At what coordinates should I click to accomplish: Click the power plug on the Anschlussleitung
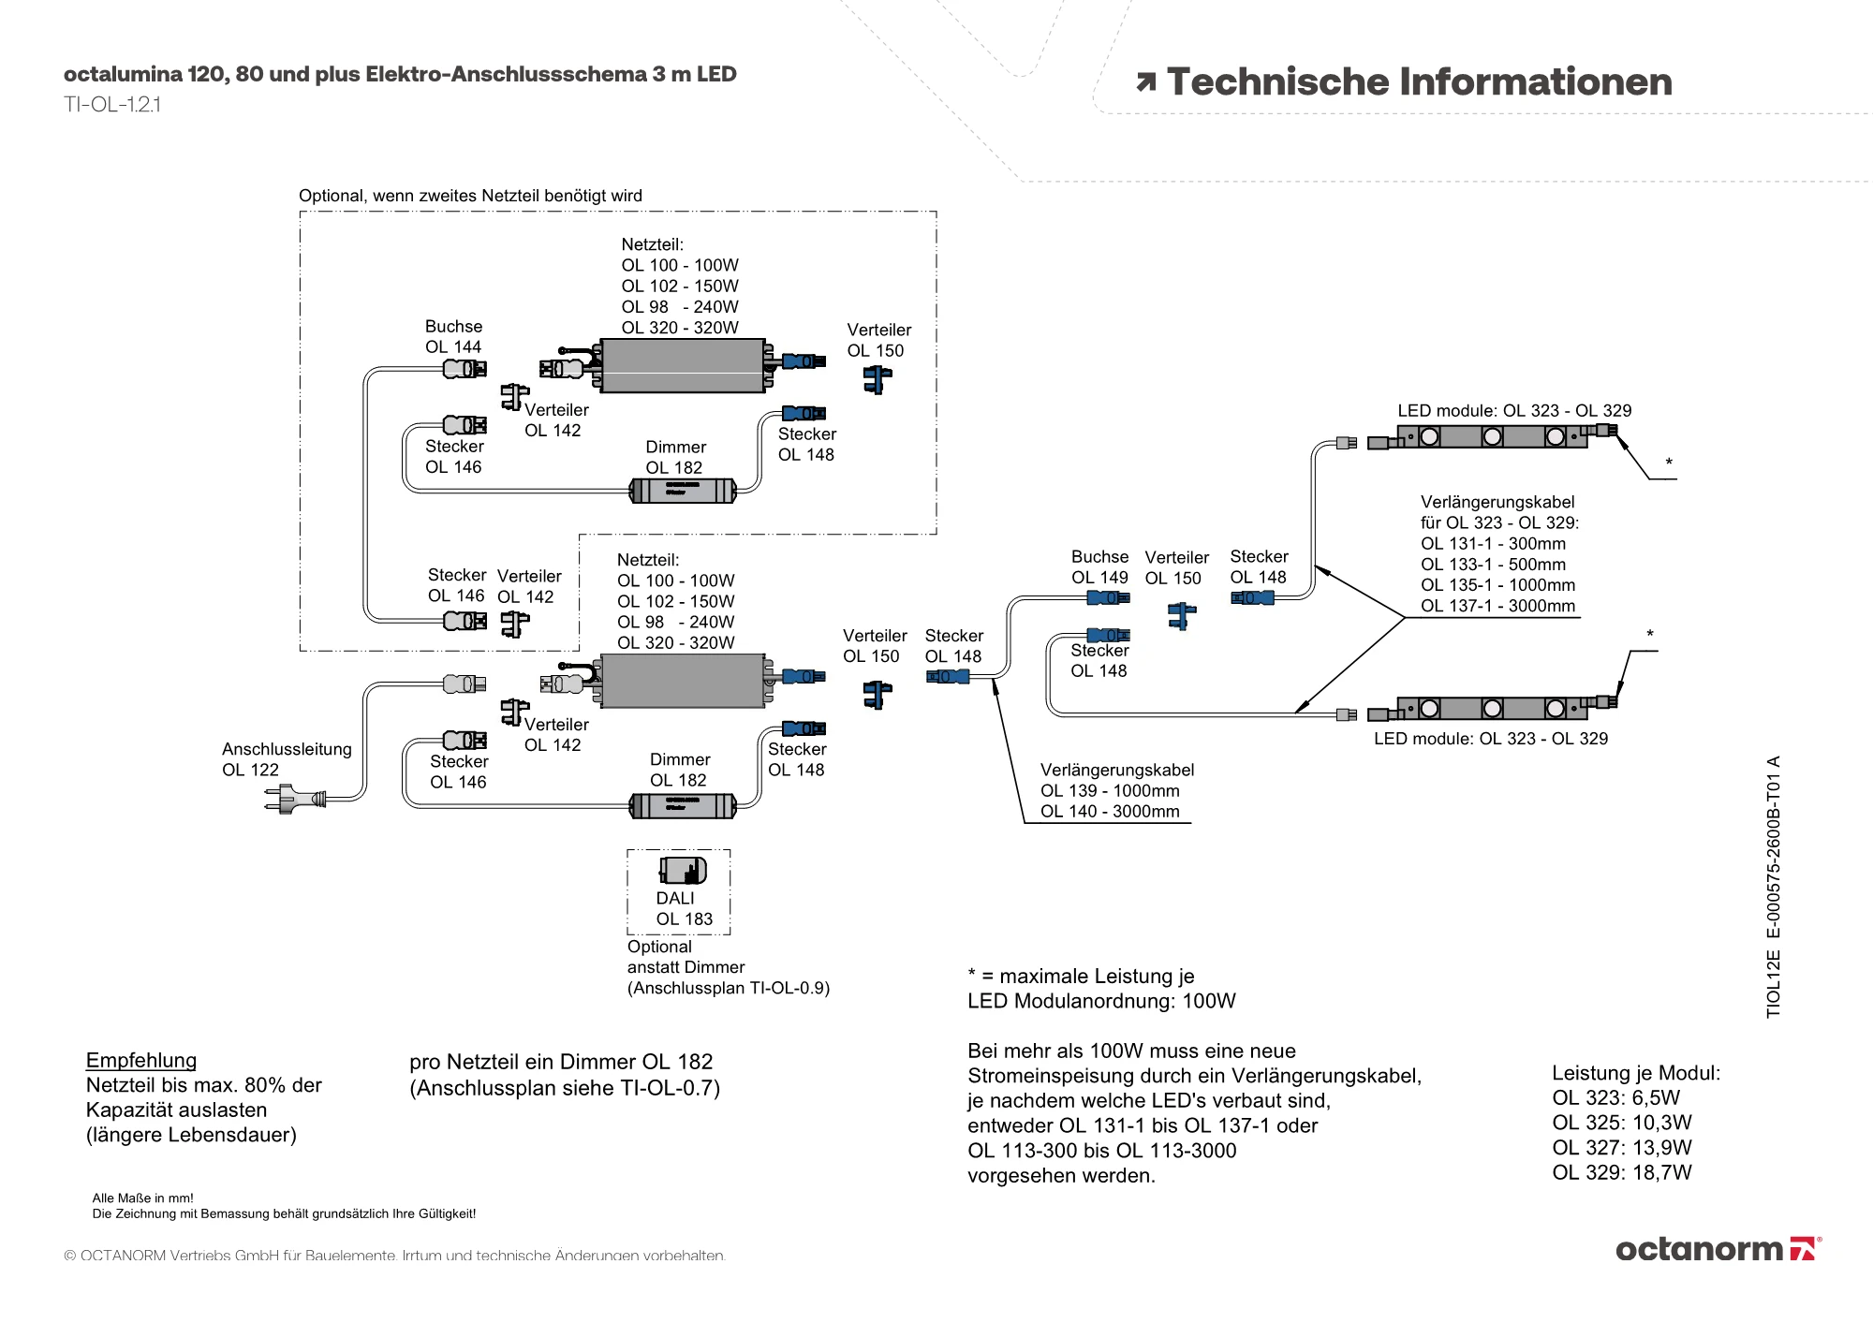(x=294, y=800)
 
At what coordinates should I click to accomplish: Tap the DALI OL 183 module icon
(x=683, y=871)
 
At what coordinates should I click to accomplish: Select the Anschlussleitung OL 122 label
(x=287, y=759)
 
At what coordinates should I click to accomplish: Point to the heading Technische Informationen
(x=1418, y=82)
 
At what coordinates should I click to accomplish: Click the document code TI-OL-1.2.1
(x=112, y=105)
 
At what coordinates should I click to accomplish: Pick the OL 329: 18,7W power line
(x=1621, y=1172)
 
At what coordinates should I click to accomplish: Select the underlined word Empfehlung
(x=141, y=1060)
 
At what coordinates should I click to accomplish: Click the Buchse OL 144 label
(x=453, y=337)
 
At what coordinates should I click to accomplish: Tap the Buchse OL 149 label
(x=1099, y=567)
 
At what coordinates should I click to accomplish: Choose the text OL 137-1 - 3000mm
(x=1497, y=606)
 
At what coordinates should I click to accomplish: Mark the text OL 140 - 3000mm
(x=1110, y=812)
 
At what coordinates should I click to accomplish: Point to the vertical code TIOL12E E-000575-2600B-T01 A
(x=1773, y=887)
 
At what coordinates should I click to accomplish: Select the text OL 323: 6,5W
(x=1615, y=1097)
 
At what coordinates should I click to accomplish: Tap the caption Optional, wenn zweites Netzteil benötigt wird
(x=470, y=196)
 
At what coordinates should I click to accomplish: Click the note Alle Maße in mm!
(x=142, y=1198)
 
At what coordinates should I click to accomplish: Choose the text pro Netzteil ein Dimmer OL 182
(x=561, y=1062)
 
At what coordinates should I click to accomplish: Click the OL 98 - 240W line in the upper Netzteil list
(x=679, y=307)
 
